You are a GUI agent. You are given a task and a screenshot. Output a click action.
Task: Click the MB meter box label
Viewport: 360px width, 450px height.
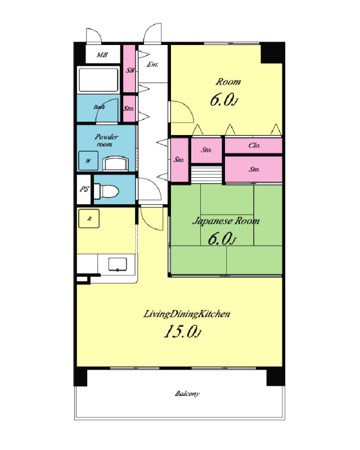(x=102, y=55)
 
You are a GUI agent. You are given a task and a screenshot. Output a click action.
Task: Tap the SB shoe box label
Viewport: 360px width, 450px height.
(x=130, y=70)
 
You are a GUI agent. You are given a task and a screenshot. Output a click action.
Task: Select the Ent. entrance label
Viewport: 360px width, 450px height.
(x=152, y=65)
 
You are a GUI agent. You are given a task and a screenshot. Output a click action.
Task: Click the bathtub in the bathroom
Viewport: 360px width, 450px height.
(x=98, y=80)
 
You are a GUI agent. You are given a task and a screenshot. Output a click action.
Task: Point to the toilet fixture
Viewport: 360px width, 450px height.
(x=106, y=191)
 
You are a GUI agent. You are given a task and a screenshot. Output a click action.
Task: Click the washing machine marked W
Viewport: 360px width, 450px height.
(x=88, y=161)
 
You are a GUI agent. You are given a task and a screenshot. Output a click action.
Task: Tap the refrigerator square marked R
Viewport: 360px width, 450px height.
(x=89, y=219)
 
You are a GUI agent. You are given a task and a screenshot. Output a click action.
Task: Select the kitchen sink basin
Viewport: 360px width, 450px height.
(x=118, y=264)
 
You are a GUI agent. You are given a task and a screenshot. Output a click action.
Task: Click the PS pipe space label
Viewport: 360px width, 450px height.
(x=84, y=189)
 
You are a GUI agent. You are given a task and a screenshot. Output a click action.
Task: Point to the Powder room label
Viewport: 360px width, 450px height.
(x=106, y=140)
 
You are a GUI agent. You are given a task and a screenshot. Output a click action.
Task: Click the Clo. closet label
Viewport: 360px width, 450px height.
(x=254, y=146)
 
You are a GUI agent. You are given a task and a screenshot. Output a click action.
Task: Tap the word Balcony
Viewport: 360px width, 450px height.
(x=187, y=393)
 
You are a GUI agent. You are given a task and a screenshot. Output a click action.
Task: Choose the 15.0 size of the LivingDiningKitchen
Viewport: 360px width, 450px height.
(x=183, y=332)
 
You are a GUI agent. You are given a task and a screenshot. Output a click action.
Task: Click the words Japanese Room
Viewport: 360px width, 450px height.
(x=226, y=221)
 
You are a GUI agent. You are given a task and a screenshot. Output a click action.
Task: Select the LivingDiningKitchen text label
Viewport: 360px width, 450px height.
(x=187, y=314)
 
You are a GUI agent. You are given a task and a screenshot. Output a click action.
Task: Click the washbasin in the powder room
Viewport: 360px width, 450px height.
(x=115, y=164)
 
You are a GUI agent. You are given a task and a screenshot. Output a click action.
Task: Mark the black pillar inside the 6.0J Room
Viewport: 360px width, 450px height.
(x=272, y=53)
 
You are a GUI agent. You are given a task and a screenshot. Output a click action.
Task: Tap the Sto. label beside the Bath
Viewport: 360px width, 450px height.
(x=129, y=109)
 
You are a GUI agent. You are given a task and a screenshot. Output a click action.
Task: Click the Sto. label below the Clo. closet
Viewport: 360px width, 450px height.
(x=254, y=169)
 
